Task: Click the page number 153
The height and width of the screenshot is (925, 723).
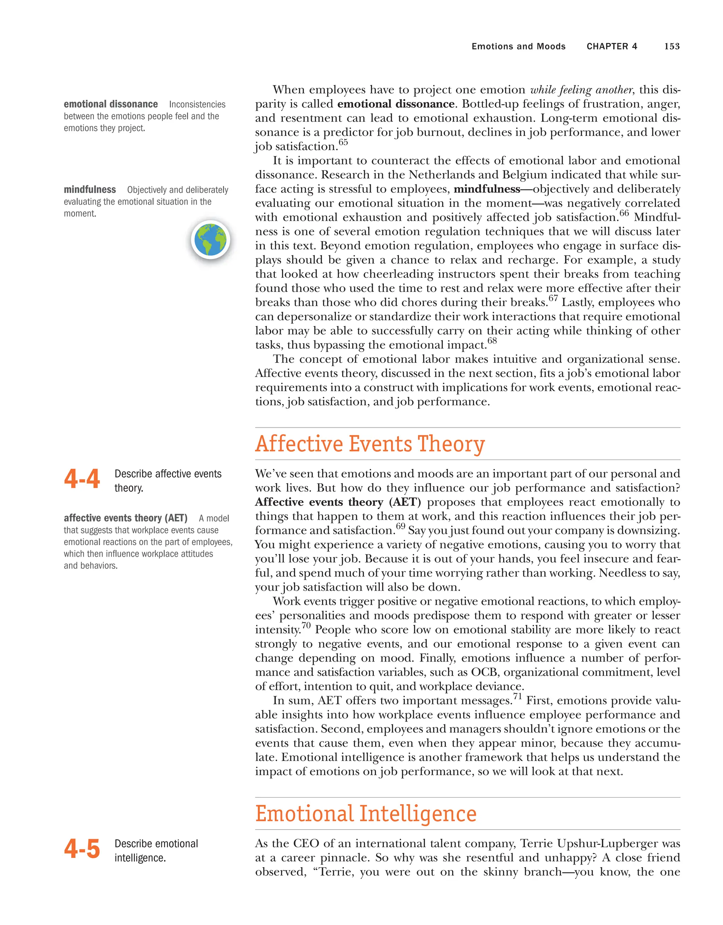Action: [x=672, y=47]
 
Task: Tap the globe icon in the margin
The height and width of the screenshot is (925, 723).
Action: [x=210, y=240]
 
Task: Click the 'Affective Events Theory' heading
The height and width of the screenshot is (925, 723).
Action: [x=370, y=444]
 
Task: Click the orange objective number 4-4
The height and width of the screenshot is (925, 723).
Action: [x=82, y=479]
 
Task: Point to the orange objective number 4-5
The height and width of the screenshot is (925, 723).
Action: [x=82, y=849]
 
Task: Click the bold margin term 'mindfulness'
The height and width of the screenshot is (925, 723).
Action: [x=90, y=189]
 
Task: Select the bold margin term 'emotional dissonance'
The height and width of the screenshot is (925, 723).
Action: [x=110, y=104]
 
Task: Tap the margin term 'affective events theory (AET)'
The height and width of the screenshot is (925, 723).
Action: [x=125, y=518]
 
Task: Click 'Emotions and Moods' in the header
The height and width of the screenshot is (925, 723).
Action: [x=519, y=47]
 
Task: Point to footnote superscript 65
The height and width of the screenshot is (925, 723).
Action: [x=343, y=142]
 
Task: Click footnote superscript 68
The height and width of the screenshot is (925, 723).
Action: [x=492, y=341]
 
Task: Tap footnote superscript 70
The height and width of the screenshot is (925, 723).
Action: [x=306, y=626]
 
